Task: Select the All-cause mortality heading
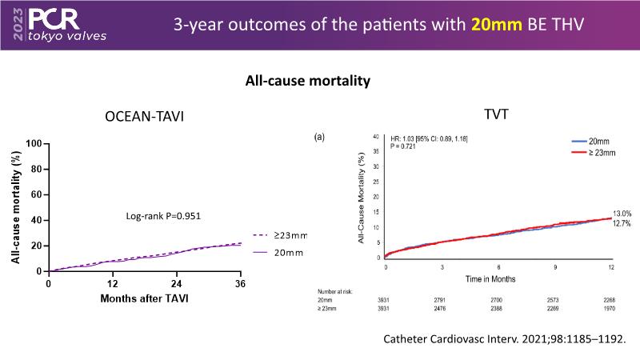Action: click(x=307, y=81)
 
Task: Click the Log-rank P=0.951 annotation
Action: click(x=163, y=216)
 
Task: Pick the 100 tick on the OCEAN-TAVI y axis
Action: click(x=33, y=144)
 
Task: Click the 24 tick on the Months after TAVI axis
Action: click(x=176, y=284)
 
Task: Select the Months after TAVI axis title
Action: click(x=144, y=298)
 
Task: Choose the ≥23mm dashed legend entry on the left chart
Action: click(x=281, y=235)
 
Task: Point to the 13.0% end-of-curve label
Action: click(x=623, y=214)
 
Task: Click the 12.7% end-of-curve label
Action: click(x=623, y=224)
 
